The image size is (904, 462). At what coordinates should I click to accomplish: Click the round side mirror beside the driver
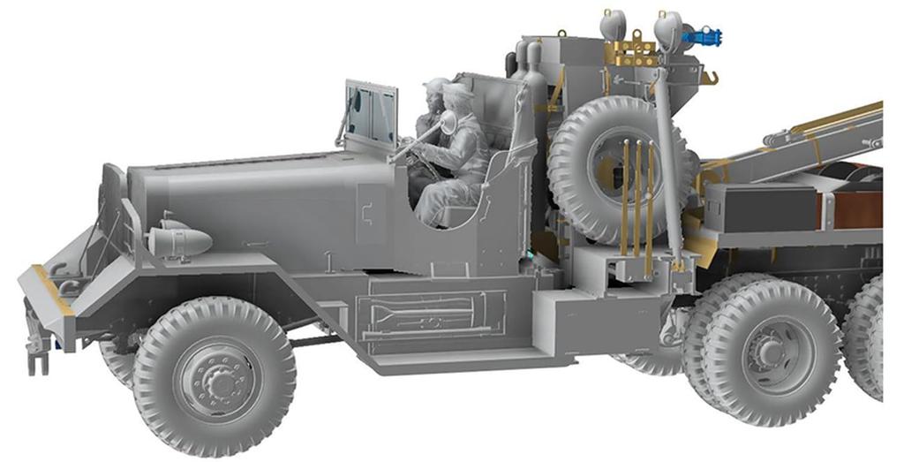(448, 122)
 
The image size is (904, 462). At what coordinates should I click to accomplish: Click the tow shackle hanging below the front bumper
(36, 353)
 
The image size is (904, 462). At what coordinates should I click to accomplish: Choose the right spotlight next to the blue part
(668, 27)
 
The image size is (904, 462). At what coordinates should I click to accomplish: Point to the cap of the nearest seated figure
(458, 93)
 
